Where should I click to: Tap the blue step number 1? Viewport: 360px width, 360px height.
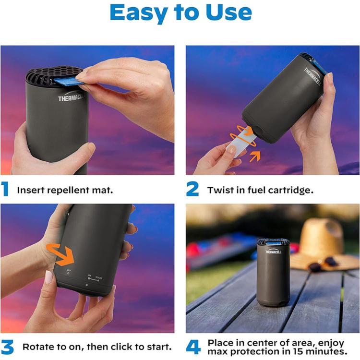click(5, 189)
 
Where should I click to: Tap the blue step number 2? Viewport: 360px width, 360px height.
click(192, 189)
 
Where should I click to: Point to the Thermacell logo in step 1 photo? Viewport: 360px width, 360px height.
click(72, 98)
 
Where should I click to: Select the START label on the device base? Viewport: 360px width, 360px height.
click(99, 277)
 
